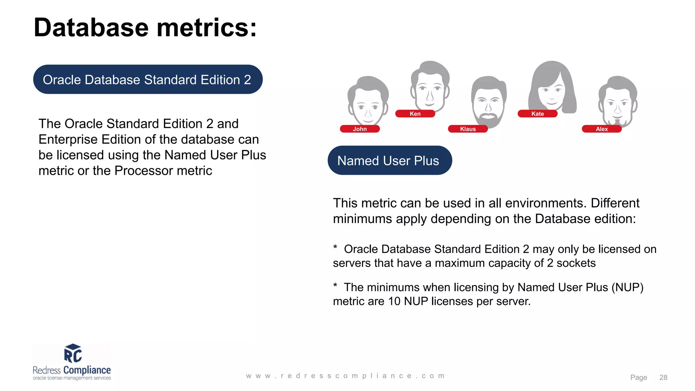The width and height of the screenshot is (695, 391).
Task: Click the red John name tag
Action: tap(360, 129)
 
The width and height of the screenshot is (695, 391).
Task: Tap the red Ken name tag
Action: tap(415, 114)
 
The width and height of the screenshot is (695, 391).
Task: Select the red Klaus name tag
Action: tap(468, 129)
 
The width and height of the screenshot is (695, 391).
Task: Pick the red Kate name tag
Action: tap(537, 114)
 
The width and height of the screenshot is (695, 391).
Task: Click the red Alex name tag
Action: tap(602, 129)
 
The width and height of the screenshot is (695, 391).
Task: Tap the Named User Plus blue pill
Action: tap(389, 161)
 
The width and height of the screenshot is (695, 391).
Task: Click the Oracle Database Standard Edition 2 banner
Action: tap(148, 80)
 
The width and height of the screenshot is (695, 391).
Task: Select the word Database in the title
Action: tap(91, 28)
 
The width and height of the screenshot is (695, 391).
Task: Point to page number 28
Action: tap(663, 377)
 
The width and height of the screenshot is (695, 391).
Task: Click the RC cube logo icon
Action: tap(73, 353)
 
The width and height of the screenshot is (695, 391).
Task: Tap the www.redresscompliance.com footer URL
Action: tap(345, 376)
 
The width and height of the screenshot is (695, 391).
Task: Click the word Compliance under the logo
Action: tap(87, 370)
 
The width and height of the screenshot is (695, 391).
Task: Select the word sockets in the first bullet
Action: tap(576, 263)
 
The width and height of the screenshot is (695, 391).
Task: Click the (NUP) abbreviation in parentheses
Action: tap(627, 287)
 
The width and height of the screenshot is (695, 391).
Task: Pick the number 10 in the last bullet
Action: tap(394, 301)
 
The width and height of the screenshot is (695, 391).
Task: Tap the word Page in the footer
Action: tap(638, 377)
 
